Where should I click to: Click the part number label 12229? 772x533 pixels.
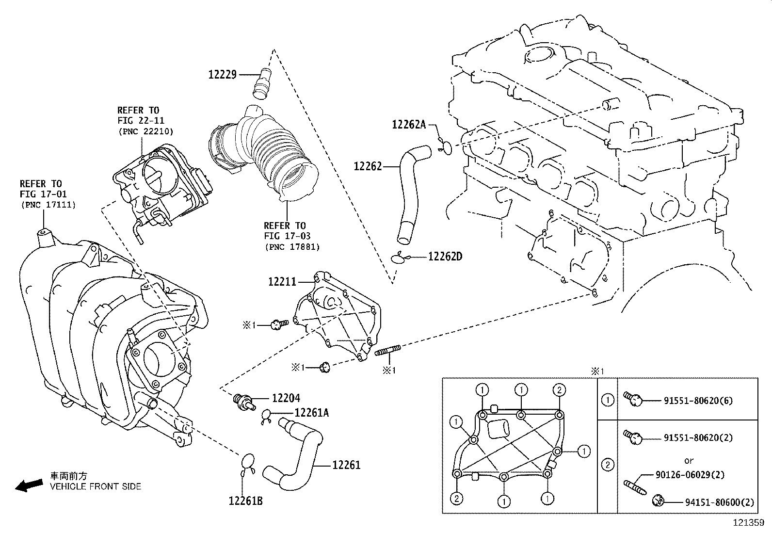pyautogui.click(x=222, y=75)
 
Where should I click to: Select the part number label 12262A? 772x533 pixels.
pyautogui.click(x=408, y=125)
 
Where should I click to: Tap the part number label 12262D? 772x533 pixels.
pyautogui.click(x=445, y=256)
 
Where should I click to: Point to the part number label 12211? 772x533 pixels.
pyautogui.click(x=282, y=281)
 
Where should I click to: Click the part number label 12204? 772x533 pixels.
pyautogui.click(x=286, y=398)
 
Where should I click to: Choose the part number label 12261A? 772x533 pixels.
pyautogui.click(x=311, y=413)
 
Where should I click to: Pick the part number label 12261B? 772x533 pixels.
pyautogui.click(x=245, y=501)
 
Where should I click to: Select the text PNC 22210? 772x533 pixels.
pyautogui.click(x=145, y=131)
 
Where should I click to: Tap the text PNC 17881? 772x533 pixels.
pyautogui.click(x=292, y=247)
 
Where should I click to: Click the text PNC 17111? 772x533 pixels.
pyautogui.click(x=48, y=205)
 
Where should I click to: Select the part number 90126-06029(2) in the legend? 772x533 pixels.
pyautogui.click(x=698, y=475)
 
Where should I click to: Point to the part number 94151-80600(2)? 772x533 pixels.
pyautogui.click(x=720, y=503)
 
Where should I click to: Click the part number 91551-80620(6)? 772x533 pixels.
pyautogui.click(x=698, y=401)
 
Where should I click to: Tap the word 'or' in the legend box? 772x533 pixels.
pyautogui.click(x=689, y=460)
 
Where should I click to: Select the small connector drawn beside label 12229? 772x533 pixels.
pyautogui.click(x=262, y=83)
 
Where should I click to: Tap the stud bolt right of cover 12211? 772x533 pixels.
pyautogui.click(x=387, y=350)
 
